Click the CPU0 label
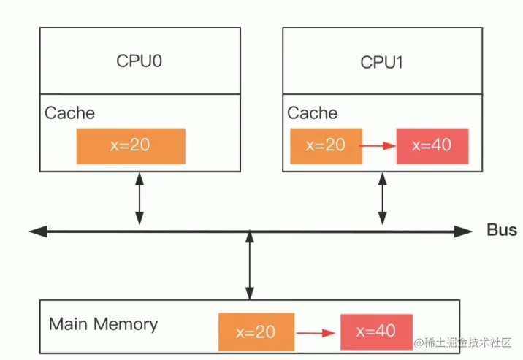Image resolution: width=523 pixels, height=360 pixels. tap(139, 61)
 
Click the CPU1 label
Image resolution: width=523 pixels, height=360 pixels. tap(381, 62)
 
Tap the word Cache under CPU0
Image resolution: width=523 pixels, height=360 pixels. tap(69, 113)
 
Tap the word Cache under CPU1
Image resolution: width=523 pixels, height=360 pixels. tap(312, 113)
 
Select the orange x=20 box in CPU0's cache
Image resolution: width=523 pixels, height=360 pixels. tap(131, 145)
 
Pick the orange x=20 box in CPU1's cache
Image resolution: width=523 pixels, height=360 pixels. tap(325, 145)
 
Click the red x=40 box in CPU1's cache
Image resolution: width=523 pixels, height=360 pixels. tap(432, 145)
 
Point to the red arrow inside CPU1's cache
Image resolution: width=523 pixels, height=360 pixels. tap(378, 146)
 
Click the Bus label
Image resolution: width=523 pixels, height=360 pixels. tap(502, 231)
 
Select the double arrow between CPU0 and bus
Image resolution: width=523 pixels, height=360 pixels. tap(139, 198)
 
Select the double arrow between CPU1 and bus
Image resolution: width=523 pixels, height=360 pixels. tap(381, 198)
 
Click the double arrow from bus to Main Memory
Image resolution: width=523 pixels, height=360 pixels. tap(251, 267)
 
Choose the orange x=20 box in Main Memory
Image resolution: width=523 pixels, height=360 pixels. tap(256, 332)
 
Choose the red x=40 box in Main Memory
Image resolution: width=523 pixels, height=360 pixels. tap(376, 332)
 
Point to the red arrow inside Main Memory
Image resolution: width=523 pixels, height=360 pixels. tap(317, 333)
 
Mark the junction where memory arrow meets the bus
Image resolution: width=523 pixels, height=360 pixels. tap(251, 231)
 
